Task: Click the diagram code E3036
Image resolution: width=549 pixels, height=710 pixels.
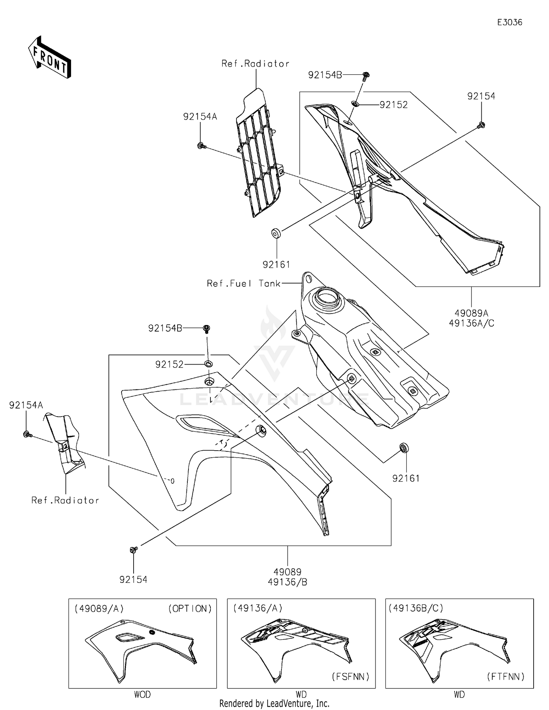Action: point(509,22)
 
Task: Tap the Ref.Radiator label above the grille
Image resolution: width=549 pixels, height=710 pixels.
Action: point(255,64)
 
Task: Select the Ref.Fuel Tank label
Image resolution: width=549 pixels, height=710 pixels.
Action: point(243,284)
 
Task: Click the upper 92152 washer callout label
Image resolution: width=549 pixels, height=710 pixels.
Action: point(393,105)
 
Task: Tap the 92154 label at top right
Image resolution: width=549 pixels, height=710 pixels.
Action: point(481,96)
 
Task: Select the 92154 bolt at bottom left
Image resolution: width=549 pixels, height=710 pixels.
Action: point(134,550)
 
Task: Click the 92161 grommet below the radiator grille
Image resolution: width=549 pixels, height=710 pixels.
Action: point(276,233)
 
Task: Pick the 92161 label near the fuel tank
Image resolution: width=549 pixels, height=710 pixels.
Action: point(406,478)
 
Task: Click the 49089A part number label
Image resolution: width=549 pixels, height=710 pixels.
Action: point(471,313)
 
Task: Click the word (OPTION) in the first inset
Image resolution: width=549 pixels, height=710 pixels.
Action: point(190,609)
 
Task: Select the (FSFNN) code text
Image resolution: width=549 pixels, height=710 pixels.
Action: point(350,677)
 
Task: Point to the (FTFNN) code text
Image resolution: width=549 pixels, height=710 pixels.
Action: point(505,677)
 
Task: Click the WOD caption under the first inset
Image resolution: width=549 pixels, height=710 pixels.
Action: point(142,694)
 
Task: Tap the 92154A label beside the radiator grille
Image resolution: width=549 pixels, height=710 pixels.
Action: point(200,117)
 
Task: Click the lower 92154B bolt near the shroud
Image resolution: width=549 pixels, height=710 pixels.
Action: point(206,328)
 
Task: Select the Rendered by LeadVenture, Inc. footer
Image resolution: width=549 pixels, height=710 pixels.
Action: point(274,703)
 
